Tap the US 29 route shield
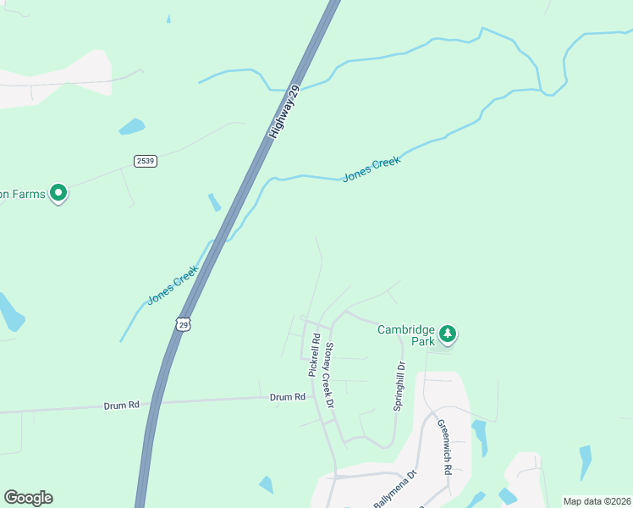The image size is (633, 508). pos(183,324)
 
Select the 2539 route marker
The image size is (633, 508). pos(145,160)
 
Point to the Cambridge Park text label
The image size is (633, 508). pos(405,335)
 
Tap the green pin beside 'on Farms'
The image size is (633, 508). pos(58,194)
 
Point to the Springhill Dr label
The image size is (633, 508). pos(399,386)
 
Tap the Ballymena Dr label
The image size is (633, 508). pos(396,489)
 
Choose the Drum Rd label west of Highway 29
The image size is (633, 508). pos(121,406)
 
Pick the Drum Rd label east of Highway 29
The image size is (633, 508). pos(287,396)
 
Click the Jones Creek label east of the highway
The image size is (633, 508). pos(371,169)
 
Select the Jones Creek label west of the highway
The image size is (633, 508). pos(173,286)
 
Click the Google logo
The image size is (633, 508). pos(28,498)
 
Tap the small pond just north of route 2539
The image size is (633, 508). pos(131,127)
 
